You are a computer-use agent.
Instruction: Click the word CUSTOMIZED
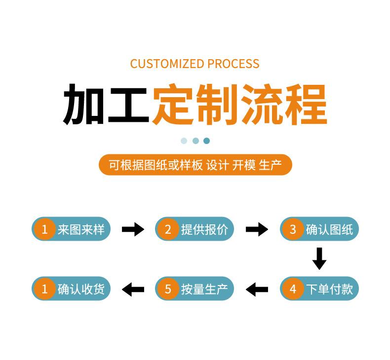coord(167,64)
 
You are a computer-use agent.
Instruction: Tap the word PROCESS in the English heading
coord(234,64)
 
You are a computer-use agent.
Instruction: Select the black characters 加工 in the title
coord(106,104)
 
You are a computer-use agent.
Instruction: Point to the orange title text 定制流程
coord(239,104)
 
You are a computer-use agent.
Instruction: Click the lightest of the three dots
coord(184,141)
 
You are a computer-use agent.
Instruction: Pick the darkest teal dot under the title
coord(206,141)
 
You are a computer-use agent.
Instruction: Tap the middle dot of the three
coord(196,141)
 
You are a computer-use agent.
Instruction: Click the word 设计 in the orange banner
coord(217,165)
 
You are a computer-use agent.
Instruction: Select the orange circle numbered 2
coord(168,229)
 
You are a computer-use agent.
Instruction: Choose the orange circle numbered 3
coord(293,229)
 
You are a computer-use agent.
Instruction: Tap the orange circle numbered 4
coord(293,288)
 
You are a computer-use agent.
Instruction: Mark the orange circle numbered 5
coord(168,288)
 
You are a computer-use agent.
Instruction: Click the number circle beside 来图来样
coord(44,229)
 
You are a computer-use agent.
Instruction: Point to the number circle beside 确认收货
coord(44,288)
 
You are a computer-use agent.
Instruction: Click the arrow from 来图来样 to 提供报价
coord(133,229)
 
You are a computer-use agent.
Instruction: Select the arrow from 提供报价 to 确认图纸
coord(257,229)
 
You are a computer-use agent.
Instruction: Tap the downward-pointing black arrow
coord(319,258)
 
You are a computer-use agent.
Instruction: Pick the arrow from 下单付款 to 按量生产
coord(257,289)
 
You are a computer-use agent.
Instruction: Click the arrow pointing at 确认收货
coord(133,289)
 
